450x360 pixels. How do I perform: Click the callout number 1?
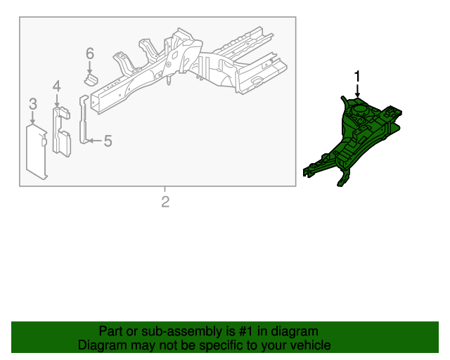pyautogui.click(x=357, y=77)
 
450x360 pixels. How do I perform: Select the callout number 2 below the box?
pyautogui.click(x=165, y=202)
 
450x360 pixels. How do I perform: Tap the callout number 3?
pyautogui.click(x=33, y=104)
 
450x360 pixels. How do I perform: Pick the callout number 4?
pyautogui.click(x=57, y=86)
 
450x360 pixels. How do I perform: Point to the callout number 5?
pyautogui.click(x=108, y=141)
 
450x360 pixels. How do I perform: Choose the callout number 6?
pyautogui.click(x=90, y=53)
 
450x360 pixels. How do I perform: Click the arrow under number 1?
pyautogui.click(x=357, y=91)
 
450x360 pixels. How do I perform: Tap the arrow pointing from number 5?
pyautogui.click(x=95, y=141)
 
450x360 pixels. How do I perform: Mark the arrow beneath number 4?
pyautogui.click(x=57, y=100)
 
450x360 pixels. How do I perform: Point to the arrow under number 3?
pyautogui.click(x=33, y=117)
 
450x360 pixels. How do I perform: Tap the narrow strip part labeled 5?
pyautogui.click(x=84, y=120)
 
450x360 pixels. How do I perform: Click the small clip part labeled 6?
pyautogui.click(x=91, y=79)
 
